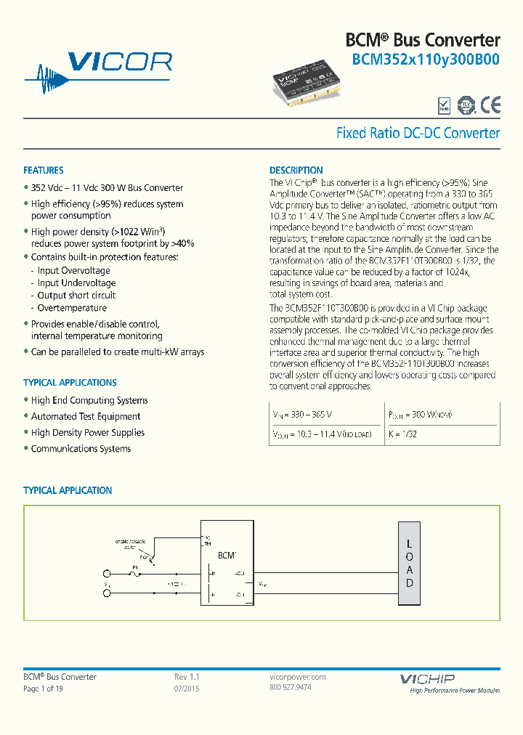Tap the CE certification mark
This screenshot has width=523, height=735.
coord(490,105)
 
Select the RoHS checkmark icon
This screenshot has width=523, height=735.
coord(444,106)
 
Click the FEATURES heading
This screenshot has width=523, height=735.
coord(44,171)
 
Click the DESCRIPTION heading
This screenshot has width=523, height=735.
coord(296,171)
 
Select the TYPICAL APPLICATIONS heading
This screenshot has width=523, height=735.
coord(70,383)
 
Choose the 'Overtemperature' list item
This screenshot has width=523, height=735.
coord(72,308)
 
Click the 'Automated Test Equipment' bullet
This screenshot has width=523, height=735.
coord(86,417)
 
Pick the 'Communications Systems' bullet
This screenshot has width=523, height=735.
coord(81,449)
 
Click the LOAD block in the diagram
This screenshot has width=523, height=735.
coord(409,564)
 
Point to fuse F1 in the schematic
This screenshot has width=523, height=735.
coord(134,572)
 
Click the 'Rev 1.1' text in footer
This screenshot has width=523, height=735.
coord(187,677)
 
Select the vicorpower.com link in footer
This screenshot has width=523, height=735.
coord(298,677)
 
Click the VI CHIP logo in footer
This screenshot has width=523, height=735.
coord(427,679)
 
